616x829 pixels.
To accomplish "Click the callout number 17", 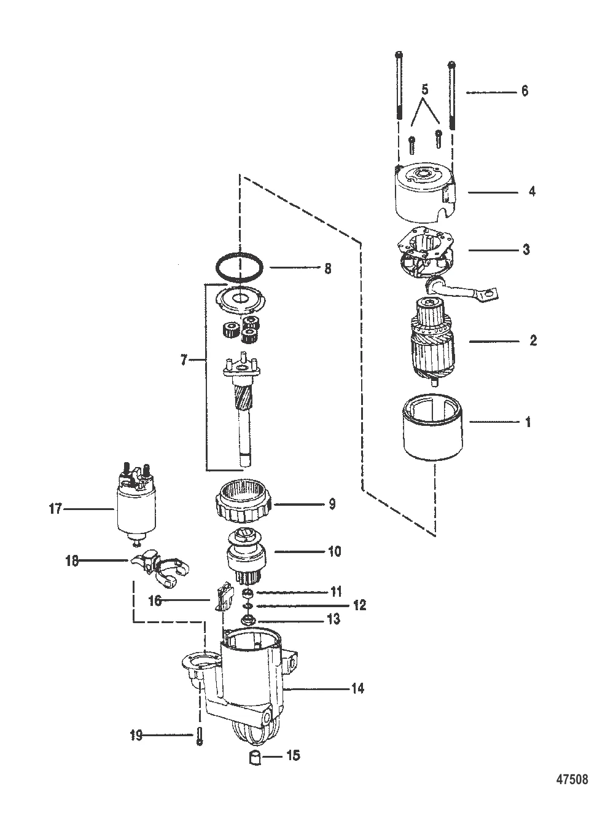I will (56, 509).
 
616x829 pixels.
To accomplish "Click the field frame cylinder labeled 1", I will (434, 433).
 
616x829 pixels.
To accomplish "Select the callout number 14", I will (357, 688).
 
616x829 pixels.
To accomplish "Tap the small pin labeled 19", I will (201, 736).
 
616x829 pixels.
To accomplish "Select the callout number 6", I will (524, 91).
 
